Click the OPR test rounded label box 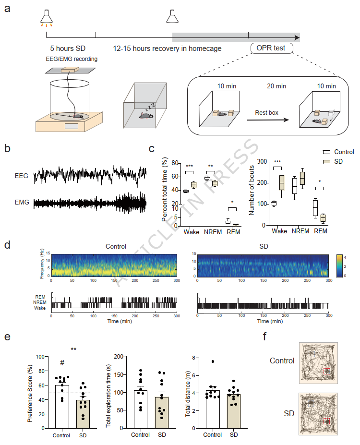[x=271, y=48]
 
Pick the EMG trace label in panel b [x=22, y=203]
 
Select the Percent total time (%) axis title [x=165, y=191]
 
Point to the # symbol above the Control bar [x=62, y=363]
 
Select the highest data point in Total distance [x=212, y=361]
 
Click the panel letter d [x=7, y=245]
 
